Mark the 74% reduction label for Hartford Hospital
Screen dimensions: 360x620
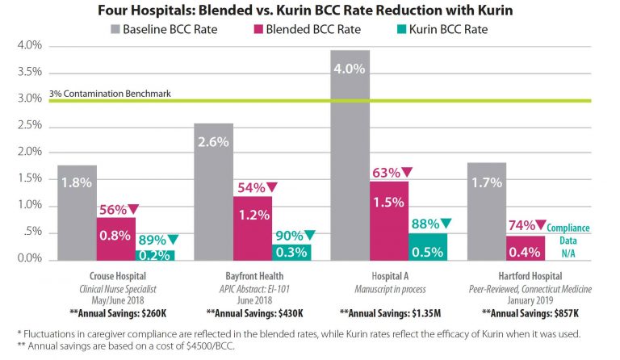pos(528,226)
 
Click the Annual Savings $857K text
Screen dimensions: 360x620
pos(525,311)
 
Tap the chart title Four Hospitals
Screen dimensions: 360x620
pos(310,11)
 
